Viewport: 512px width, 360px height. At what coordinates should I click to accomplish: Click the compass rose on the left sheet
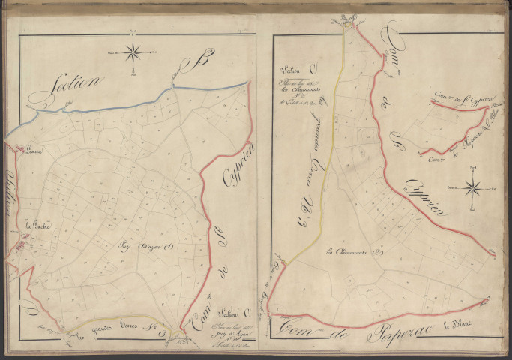[133, 52]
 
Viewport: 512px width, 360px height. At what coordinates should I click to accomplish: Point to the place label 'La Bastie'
[36, 225]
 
